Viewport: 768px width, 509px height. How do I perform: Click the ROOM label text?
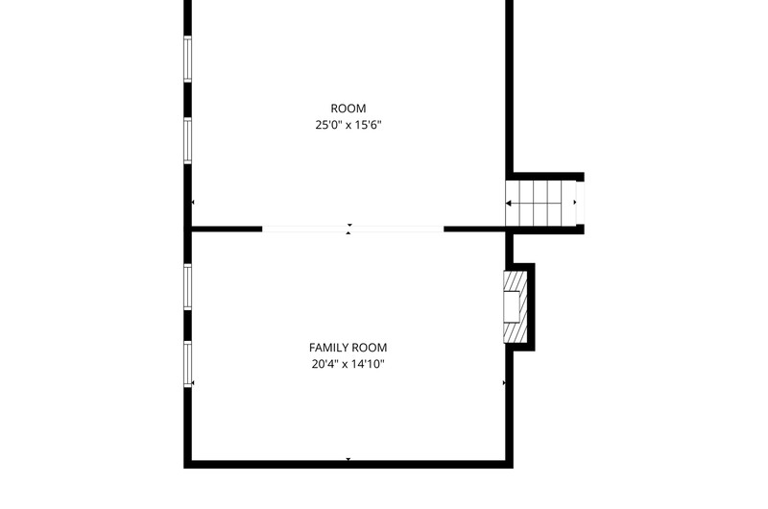348,109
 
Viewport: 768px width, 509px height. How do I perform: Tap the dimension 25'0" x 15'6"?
348,125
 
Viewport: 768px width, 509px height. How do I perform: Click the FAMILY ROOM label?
348,348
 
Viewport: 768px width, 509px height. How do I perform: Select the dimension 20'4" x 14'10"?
348,364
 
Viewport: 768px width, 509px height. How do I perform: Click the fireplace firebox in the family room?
512,306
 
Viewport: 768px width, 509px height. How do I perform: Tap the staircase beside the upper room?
540,203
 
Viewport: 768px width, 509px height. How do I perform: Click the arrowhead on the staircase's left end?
509,203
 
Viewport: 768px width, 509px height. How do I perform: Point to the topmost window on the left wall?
187,59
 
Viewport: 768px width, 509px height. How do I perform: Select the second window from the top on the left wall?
187,140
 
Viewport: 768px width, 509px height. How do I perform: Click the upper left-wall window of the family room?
187,286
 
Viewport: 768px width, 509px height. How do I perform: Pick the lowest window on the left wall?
187,364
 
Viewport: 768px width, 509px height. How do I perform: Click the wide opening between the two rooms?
352,229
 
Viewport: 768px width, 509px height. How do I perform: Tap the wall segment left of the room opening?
227,229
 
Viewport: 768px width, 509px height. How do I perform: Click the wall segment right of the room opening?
474,229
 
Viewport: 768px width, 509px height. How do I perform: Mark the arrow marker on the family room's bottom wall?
348,459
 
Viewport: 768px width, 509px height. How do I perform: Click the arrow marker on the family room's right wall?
504,382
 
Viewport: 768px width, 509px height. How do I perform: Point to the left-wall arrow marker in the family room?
193,382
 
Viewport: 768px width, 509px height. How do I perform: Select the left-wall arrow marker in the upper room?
193,202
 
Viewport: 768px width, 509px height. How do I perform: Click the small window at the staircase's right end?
580,203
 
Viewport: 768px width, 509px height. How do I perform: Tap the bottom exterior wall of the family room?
348,465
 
